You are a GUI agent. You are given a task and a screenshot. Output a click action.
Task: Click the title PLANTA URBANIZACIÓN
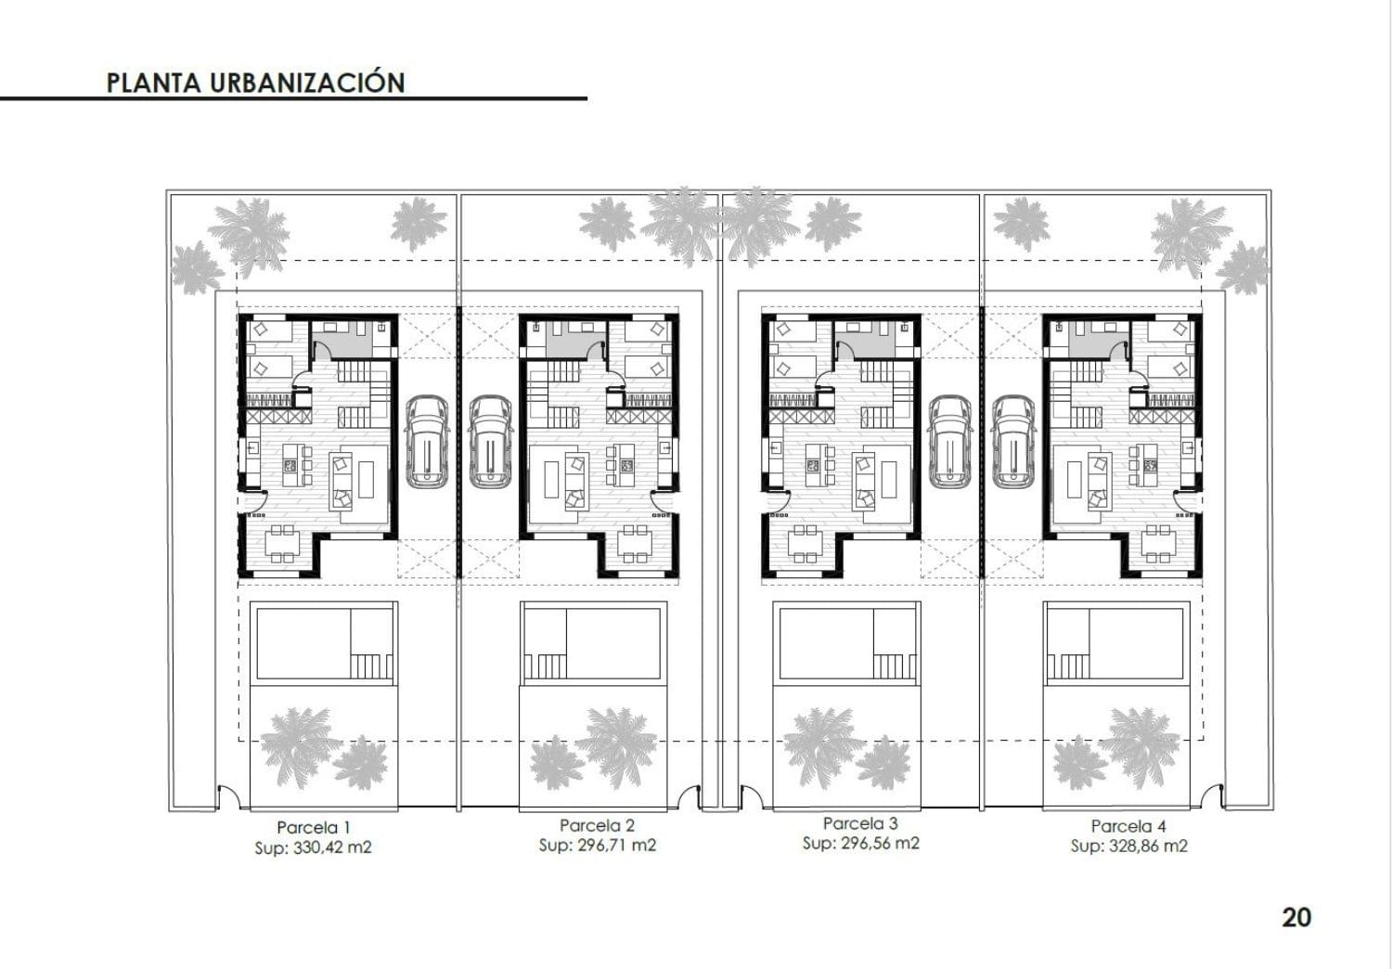(x=255, y=83)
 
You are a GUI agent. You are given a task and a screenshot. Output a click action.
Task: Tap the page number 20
(x=1296, y=917)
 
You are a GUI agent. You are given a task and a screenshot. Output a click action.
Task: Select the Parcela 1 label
(x=314, y=827)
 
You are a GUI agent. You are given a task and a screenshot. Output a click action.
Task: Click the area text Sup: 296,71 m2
(x=598, y=846)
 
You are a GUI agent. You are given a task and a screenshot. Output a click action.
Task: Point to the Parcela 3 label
(x=860, y=823)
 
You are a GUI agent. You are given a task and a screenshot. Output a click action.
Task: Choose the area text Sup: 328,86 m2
(x=1129, y=846)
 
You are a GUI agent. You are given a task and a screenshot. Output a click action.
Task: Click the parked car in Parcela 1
(x=428, y=441)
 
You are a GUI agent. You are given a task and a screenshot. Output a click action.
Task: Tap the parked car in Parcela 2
(x=490, y=441)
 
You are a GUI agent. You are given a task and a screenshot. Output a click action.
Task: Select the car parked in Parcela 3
(x=950, y=441)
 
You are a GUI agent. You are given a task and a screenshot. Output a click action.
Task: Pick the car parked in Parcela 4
(x=1013, y=441)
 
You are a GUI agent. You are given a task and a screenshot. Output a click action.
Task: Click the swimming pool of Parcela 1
(x=325, y=643)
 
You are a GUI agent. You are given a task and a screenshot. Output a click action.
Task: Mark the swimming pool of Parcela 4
(x=1115, y=643)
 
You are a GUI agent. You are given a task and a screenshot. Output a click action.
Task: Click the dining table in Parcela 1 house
(x=283, y=545)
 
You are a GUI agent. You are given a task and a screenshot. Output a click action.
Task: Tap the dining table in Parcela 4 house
(x=1158, y=545)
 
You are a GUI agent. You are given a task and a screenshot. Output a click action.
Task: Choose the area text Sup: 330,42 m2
(x=314, y=847)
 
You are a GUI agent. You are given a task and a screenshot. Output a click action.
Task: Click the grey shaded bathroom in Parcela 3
(x=865, y=340)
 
